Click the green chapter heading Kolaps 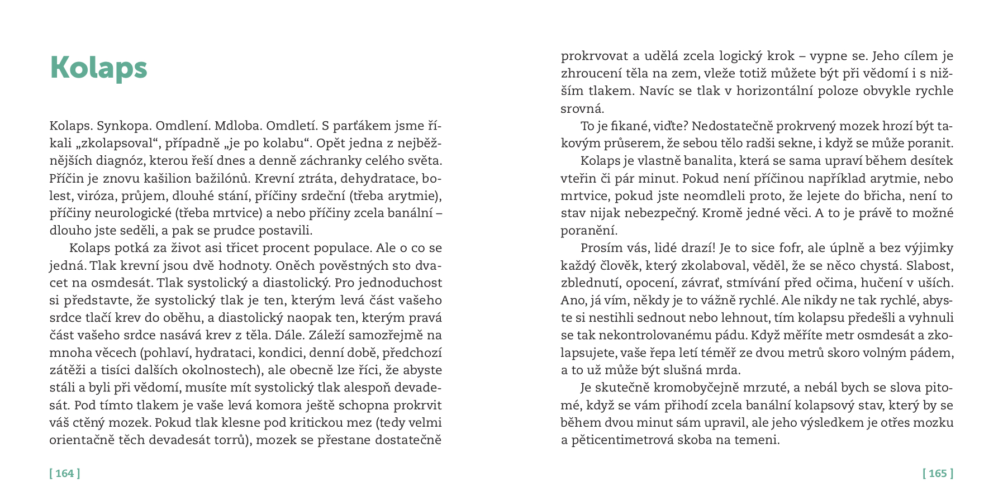[98, 68]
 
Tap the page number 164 [65, 474]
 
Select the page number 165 [938, 474]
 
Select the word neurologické [129, 213]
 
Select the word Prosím [601, 248]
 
